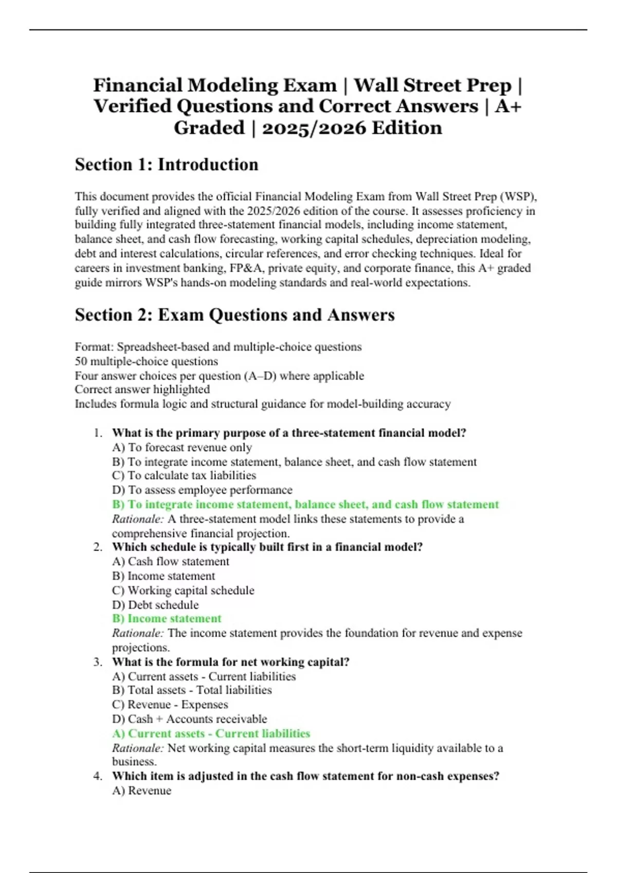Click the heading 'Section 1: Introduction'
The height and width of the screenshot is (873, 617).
coord(166,165)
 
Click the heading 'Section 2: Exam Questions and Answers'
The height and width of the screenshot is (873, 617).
coord(234,315)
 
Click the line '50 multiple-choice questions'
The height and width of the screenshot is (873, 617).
coord(146,361)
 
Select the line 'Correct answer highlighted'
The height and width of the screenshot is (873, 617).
coord(142,389)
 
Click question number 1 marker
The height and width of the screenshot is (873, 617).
coord(98,433)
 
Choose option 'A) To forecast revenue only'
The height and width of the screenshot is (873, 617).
coord(182,447)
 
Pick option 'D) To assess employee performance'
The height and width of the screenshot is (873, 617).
coord(202,490)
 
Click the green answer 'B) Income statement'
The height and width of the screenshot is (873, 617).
coord(167,619)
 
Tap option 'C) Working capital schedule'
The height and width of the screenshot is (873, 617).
coord(183,591)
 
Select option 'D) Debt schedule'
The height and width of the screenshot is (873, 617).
coord(155,605)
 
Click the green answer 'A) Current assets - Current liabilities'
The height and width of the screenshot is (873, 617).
coord(211,734)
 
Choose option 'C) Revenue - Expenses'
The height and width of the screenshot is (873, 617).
coord(170,705)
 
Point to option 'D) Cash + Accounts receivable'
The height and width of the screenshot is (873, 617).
coord(189,719)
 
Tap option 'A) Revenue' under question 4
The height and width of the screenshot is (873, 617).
coord(141,791)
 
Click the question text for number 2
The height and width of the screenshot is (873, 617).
coord(267,547)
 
